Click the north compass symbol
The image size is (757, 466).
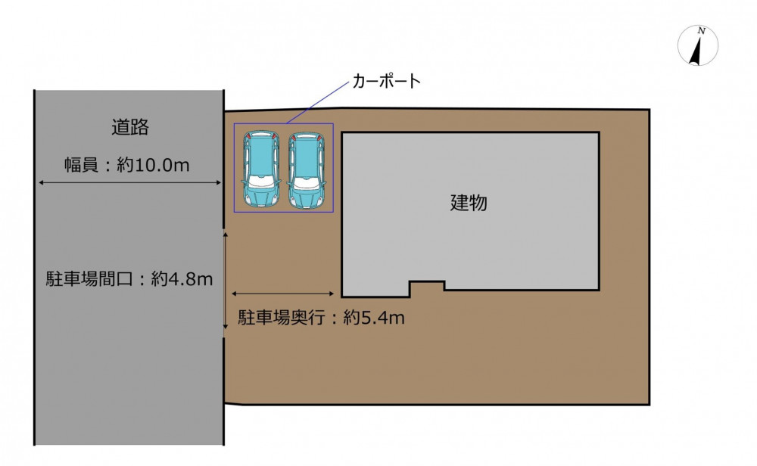[698, 46]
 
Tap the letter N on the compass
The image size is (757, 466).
[702, 31]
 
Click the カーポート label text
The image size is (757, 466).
[386, 81]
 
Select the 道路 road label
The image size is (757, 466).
[130, 127]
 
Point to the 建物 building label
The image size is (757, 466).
[469, 203]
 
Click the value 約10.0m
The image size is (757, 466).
[153, 166]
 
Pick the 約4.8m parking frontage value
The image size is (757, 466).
[182, 279]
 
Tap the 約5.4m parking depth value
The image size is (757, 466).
[374, 318]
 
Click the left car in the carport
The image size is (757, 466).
[261, 169]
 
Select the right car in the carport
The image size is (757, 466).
[306, 169]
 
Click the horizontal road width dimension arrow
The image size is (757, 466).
[130, 182]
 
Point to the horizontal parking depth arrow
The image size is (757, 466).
[282, 294]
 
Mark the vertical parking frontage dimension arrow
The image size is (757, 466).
[225, 280]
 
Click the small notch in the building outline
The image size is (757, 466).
[427, 286]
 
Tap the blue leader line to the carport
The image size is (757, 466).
[316, 102]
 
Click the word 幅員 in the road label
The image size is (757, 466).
[82, 166]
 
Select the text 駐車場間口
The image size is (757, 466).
[89, 279]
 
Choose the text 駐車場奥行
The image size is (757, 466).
[282, 318]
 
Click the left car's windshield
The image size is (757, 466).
[261, 181]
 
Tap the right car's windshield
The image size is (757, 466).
[306, 182]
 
